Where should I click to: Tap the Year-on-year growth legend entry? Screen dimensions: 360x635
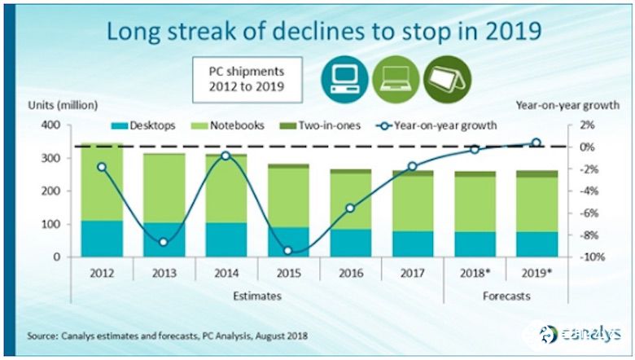(x=431, y=126)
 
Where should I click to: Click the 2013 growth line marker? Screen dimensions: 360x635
(x=164, y=242)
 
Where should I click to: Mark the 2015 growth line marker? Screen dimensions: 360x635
(x=288, y=251)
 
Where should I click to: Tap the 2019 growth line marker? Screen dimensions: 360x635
(x=536, y=143)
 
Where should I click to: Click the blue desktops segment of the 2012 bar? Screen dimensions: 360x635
(x=102, y=238)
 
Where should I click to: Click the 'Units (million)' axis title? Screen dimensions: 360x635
(x=63, y=105)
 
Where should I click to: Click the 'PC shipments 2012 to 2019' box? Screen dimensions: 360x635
(x=246, y=77)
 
